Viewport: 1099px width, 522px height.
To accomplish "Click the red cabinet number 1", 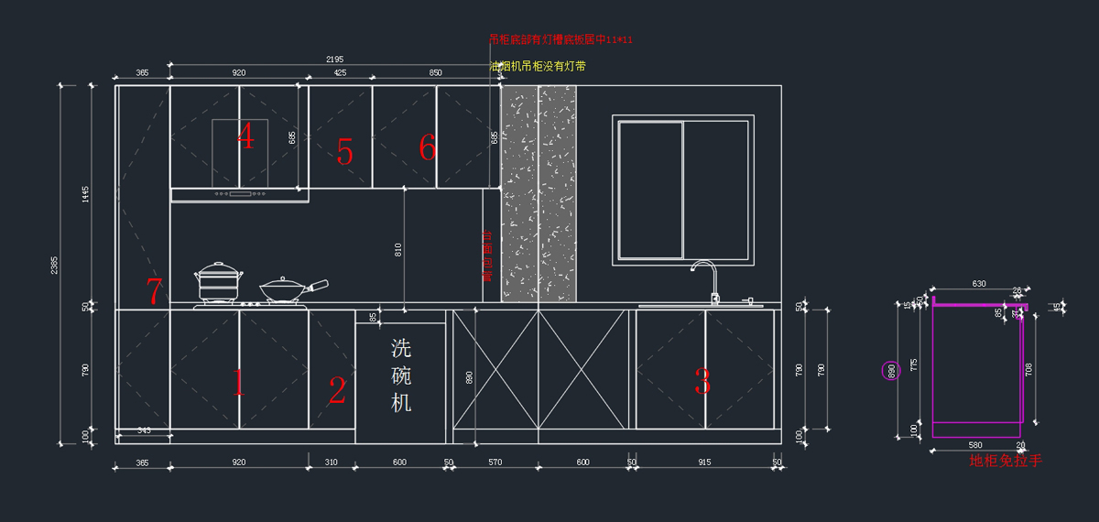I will (239, 382).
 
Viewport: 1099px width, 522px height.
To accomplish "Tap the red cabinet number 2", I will (337, 391).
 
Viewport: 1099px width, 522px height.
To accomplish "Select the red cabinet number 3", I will (702, 382).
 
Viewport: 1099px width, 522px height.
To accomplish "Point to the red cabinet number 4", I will (245, 136).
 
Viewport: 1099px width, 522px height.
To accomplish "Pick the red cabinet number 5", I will (344, 152).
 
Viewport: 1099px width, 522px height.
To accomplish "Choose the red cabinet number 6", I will (427, 147).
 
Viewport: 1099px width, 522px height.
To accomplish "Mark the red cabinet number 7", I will (155, 292).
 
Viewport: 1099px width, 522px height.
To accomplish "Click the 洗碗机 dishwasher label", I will (401, 375).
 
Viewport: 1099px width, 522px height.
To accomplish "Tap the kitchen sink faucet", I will (706, 279).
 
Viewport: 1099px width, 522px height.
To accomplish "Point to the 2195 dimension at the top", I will (335, 60).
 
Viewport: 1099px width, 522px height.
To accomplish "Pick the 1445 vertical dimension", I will (85, 194).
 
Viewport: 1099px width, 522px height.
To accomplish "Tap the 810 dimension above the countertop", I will (398, 248).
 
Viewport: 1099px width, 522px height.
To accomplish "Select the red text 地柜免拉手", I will (1006, 461).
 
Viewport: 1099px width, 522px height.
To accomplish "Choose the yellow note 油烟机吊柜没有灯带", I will (538, 66).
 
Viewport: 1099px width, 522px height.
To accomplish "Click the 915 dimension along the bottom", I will (704, 462).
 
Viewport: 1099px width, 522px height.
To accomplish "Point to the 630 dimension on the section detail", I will (979, 284).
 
